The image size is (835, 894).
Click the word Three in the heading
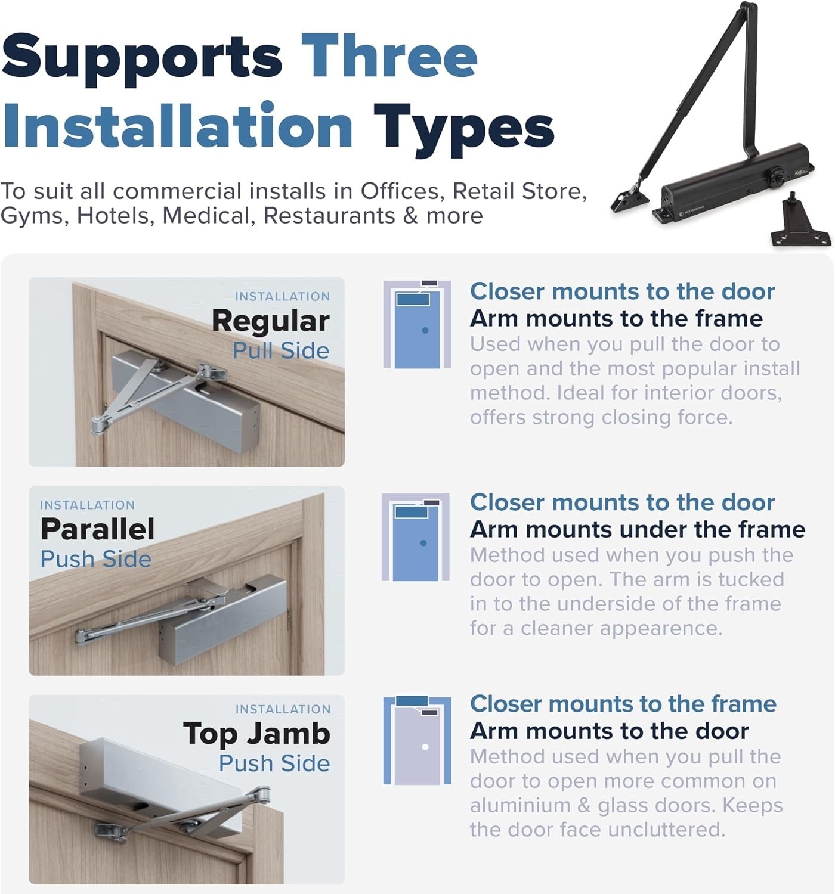coord(389,57)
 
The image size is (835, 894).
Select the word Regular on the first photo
coord(271,321)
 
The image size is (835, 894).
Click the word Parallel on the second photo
coord(97,529)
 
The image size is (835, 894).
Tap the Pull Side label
coord(281,350)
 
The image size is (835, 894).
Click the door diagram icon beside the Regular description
coord(417,324)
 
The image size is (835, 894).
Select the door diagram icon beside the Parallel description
coord(416,536)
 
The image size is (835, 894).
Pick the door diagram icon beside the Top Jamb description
coord(417,740)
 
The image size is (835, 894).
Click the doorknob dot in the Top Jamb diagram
coord(425,747)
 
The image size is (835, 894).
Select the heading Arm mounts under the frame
coord(637,529)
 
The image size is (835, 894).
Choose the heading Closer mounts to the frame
coord(623,704)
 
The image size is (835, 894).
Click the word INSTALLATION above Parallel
coord(88,505)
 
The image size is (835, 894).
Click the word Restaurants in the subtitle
coord(329,216)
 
